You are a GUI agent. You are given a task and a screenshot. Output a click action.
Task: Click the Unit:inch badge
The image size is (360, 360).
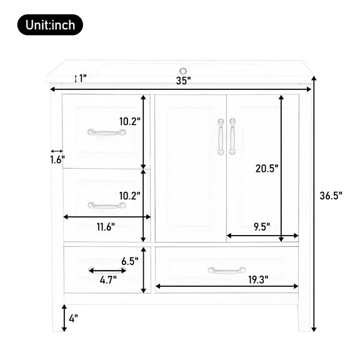pos(50,25)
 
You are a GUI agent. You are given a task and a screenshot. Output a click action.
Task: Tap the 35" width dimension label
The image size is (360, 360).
pos(184,81)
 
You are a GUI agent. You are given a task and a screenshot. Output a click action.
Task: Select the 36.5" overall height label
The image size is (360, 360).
pos(331,196)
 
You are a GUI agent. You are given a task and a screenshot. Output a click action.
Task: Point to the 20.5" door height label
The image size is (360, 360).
pos(267,169)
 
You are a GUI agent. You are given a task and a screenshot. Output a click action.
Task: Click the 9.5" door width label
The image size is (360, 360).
pos(262,227)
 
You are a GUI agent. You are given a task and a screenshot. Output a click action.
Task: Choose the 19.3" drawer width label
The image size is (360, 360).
pos(258,279)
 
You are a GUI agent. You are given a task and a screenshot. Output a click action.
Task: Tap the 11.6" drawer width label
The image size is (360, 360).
pos(106,227)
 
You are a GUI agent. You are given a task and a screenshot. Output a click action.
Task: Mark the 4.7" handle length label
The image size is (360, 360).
pos(108,280)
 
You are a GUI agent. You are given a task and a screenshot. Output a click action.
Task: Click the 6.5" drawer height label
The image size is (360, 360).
pos(130,261)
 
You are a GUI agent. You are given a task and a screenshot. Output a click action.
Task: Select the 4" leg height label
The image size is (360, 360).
pos(74,318)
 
